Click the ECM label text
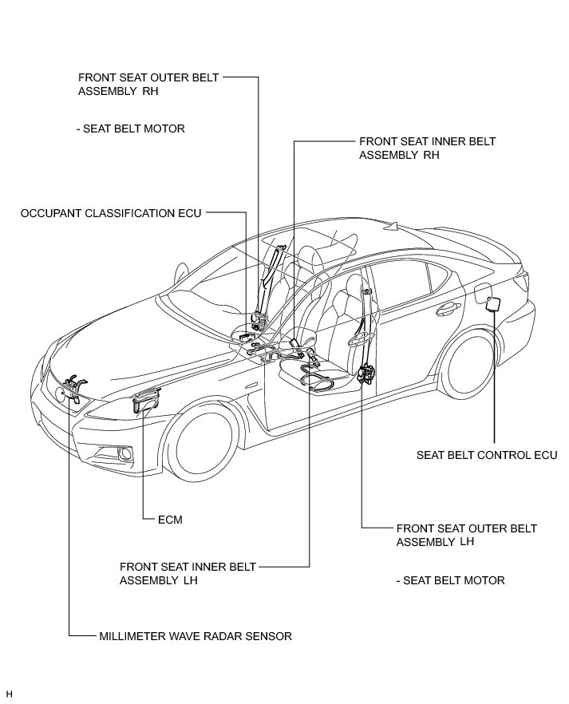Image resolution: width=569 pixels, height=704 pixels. click(170, 520)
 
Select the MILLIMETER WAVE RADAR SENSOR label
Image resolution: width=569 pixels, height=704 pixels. click(196, 636)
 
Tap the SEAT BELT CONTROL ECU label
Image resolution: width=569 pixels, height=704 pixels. click(485, 456)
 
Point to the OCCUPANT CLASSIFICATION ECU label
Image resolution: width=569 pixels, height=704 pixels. click(110, 213)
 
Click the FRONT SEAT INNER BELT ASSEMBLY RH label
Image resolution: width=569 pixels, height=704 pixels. click(427, 148)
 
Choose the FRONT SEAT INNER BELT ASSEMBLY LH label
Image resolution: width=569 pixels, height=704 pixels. click(188, 573)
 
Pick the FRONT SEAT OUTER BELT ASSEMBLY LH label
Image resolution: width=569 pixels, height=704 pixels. click(466, 535)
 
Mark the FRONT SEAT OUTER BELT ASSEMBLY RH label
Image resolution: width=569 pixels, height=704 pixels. click(148, 85)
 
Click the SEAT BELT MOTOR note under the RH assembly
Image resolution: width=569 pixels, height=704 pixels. click(135, 129)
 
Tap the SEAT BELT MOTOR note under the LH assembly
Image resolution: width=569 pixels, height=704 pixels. click(450, 580)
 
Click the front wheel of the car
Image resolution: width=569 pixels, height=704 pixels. click(203, 442)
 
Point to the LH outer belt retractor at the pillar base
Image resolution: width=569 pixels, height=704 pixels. click(369, 374)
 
